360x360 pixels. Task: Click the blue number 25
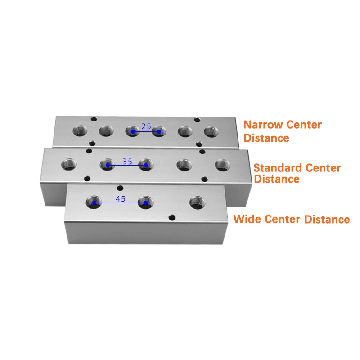146,126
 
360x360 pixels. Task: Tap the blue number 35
127,162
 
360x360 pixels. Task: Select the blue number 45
121,199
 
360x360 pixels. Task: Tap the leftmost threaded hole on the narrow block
80,131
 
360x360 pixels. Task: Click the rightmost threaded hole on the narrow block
211,132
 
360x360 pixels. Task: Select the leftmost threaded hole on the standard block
69,164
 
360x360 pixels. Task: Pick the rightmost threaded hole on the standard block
222,165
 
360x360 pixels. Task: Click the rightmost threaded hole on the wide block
198,202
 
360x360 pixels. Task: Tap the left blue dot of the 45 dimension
94,203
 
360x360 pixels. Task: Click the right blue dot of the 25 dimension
159,131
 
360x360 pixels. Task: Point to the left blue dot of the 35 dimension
108,165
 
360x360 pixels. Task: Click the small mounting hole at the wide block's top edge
120,189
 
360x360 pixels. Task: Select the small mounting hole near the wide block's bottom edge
172,217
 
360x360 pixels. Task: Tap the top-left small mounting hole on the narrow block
94,119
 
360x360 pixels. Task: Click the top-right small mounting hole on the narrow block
197,120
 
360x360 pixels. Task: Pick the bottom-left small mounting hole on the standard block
87,179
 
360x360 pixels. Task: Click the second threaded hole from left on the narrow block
106,131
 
